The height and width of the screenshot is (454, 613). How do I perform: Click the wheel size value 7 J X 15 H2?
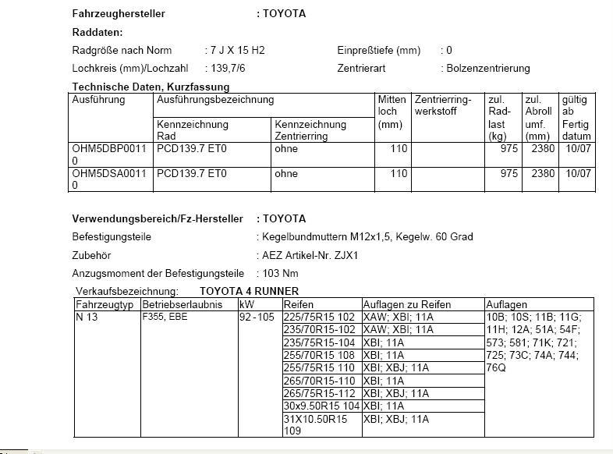pos(237,51)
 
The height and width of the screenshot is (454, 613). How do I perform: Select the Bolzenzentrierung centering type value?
pos(488,69)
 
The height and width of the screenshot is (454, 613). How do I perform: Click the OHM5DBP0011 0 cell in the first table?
pos(109,154)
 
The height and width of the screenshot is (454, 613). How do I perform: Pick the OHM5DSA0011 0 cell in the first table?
pos(109,179)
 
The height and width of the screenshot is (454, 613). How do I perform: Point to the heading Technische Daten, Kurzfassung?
pos(151,87)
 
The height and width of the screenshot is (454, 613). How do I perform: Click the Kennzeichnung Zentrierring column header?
pos(310,129)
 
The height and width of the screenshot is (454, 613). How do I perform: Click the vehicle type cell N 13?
pos(87,317)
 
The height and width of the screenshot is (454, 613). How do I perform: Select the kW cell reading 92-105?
pos(257,317)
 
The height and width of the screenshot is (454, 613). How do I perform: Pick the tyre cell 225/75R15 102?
pos(319,317)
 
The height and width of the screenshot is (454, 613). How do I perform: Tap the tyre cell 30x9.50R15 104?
pos(321,406)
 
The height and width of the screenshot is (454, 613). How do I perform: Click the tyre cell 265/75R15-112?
pos(319,394)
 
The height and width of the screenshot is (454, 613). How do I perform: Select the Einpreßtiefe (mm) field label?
pos(378,51)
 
